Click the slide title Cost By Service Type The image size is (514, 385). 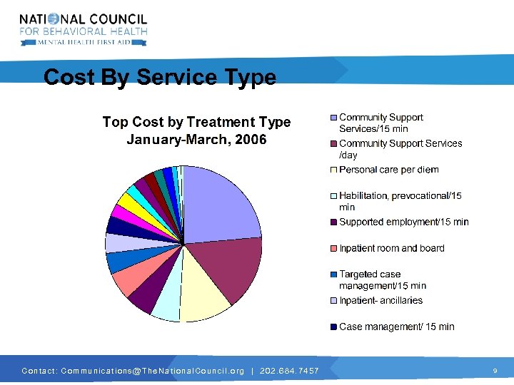(159, 77)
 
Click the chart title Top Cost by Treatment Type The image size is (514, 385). (196, 122)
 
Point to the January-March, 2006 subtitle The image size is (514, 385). (196, 140)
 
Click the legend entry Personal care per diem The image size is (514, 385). (388, 170)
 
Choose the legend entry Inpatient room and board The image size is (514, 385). (391, 248)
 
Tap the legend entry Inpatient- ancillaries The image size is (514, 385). (381, 300)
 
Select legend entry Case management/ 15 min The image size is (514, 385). (396, 327)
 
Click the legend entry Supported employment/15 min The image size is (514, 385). (403, 222)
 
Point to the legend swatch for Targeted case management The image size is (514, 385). (333, 274)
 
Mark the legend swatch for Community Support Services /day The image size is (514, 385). (333, 144)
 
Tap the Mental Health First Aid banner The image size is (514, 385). (84, 42)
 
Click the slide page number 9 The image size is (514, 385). (495, 371)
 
